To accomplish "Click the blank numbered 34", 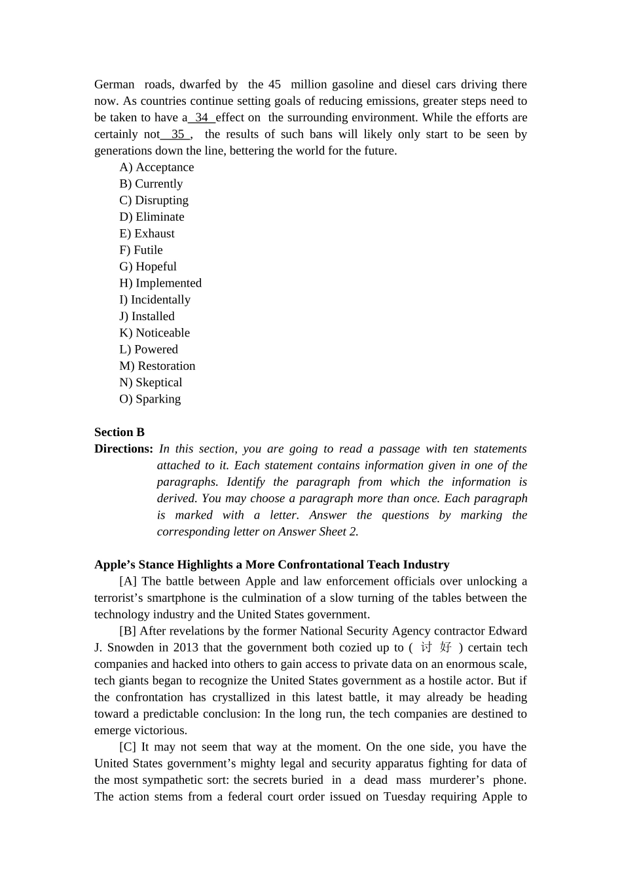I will click(x=202, y=118).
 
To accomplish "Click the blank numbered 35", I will click(x=177, y=134).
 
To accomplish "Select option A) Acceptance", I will click(x=156, y=168).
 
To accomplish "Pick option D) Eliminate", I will click(x=152, y=217).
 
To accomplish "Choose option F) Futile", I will click(x=141, y=250).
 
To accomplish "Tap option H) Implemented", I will click(x=160, y=283).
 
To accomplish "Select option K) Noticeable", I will click(x=155, y=333).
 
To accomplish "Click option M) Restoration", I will click(x=157, y=366).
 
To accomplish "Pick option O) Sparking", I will click(x=150, y=399).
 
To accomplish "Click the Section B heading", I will click(x=119, y=432).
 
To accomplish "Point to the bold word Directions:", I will click(x=124, y=449).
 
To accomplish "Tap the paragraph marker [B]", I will click(x=128, y=631).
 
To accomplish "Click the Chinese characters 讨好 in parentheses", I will click(x=436, y=648).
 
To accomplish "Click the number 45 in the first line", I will click(x=274, y=84).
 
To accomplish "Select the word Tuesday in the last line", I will click(x=404, y=797).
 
